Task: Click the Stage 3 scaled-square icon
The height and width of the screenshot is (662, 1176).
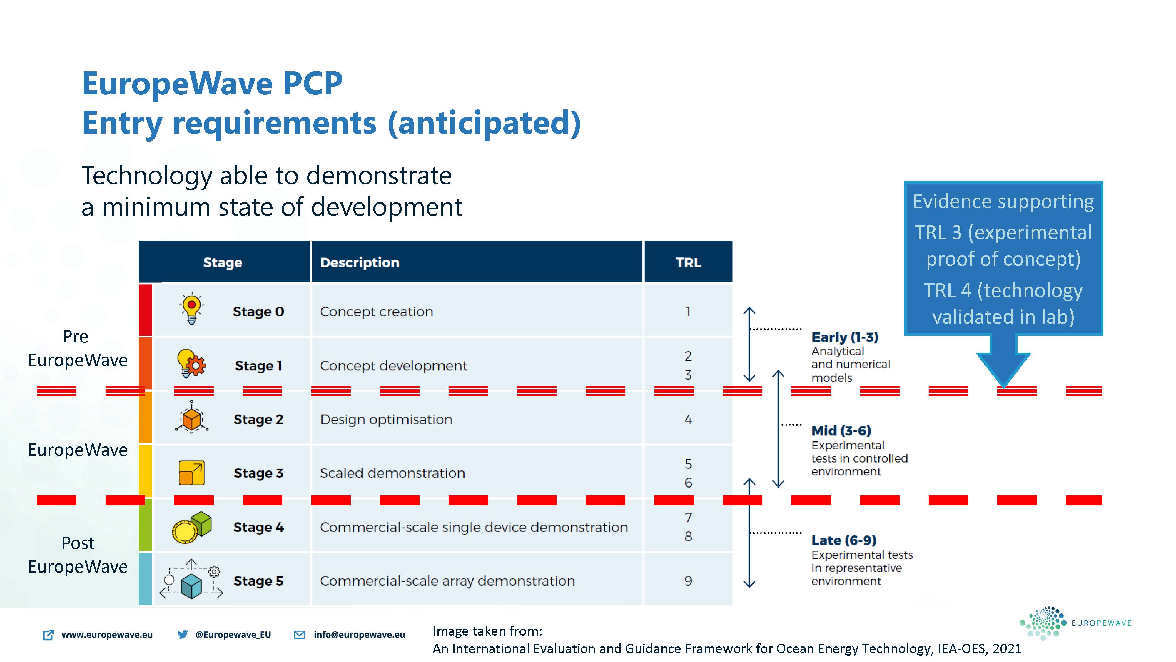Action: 192,473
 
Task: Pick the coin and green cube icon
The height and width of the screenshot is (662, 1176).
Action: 192,527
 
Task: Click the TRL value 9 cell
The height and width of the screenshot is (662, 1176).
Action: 688,581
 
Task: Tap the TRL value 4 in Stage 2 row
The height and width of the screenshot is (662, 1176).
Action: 688,419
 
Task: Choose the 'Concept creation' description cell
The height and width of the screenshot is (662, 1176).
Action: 376,312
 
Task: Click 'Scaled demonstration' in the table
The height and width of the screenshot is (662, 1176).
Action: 392,473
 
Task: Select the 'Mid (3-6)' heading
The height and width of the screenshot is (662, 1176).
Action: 841,431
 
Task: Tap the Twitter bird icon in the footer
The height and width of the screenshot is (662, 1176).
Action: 183,634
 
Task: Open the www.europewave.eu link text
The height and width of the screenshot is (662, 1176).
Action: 107,635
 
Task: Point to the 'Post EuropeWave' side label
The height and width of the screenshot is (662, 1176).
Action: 78,555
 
